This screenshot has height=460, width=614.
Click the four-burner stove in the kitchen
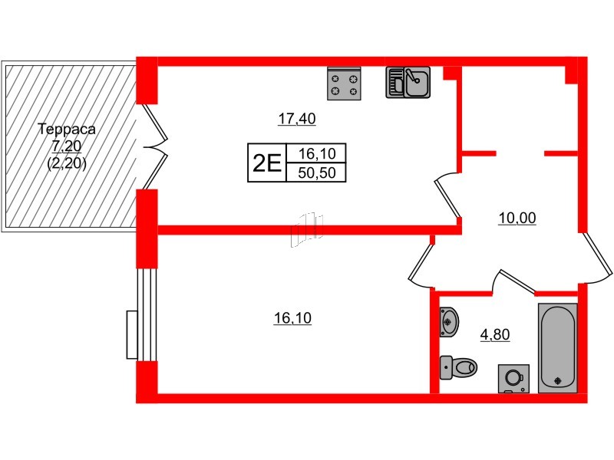tap(344, 83)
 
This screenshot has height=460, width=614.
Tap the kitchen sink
tap(408, 82)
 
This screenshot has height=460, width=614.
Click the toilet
tap(458, 368)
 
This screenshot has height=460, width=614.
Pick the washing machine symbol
tap(513, 377)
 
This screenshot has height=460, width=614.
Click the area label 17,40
tap(297, 119)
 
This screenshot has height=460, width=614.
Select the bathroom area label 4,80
tap(494, 333)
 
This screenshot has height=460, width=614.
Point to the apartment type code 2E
tap(266, 163)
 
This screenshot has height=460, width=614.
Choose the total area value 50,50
tap(315, 172)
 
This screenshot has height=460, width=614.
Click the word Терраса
tap(66, 130)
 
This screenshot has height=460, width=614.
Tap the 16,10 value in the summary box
tap(315, 153)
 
